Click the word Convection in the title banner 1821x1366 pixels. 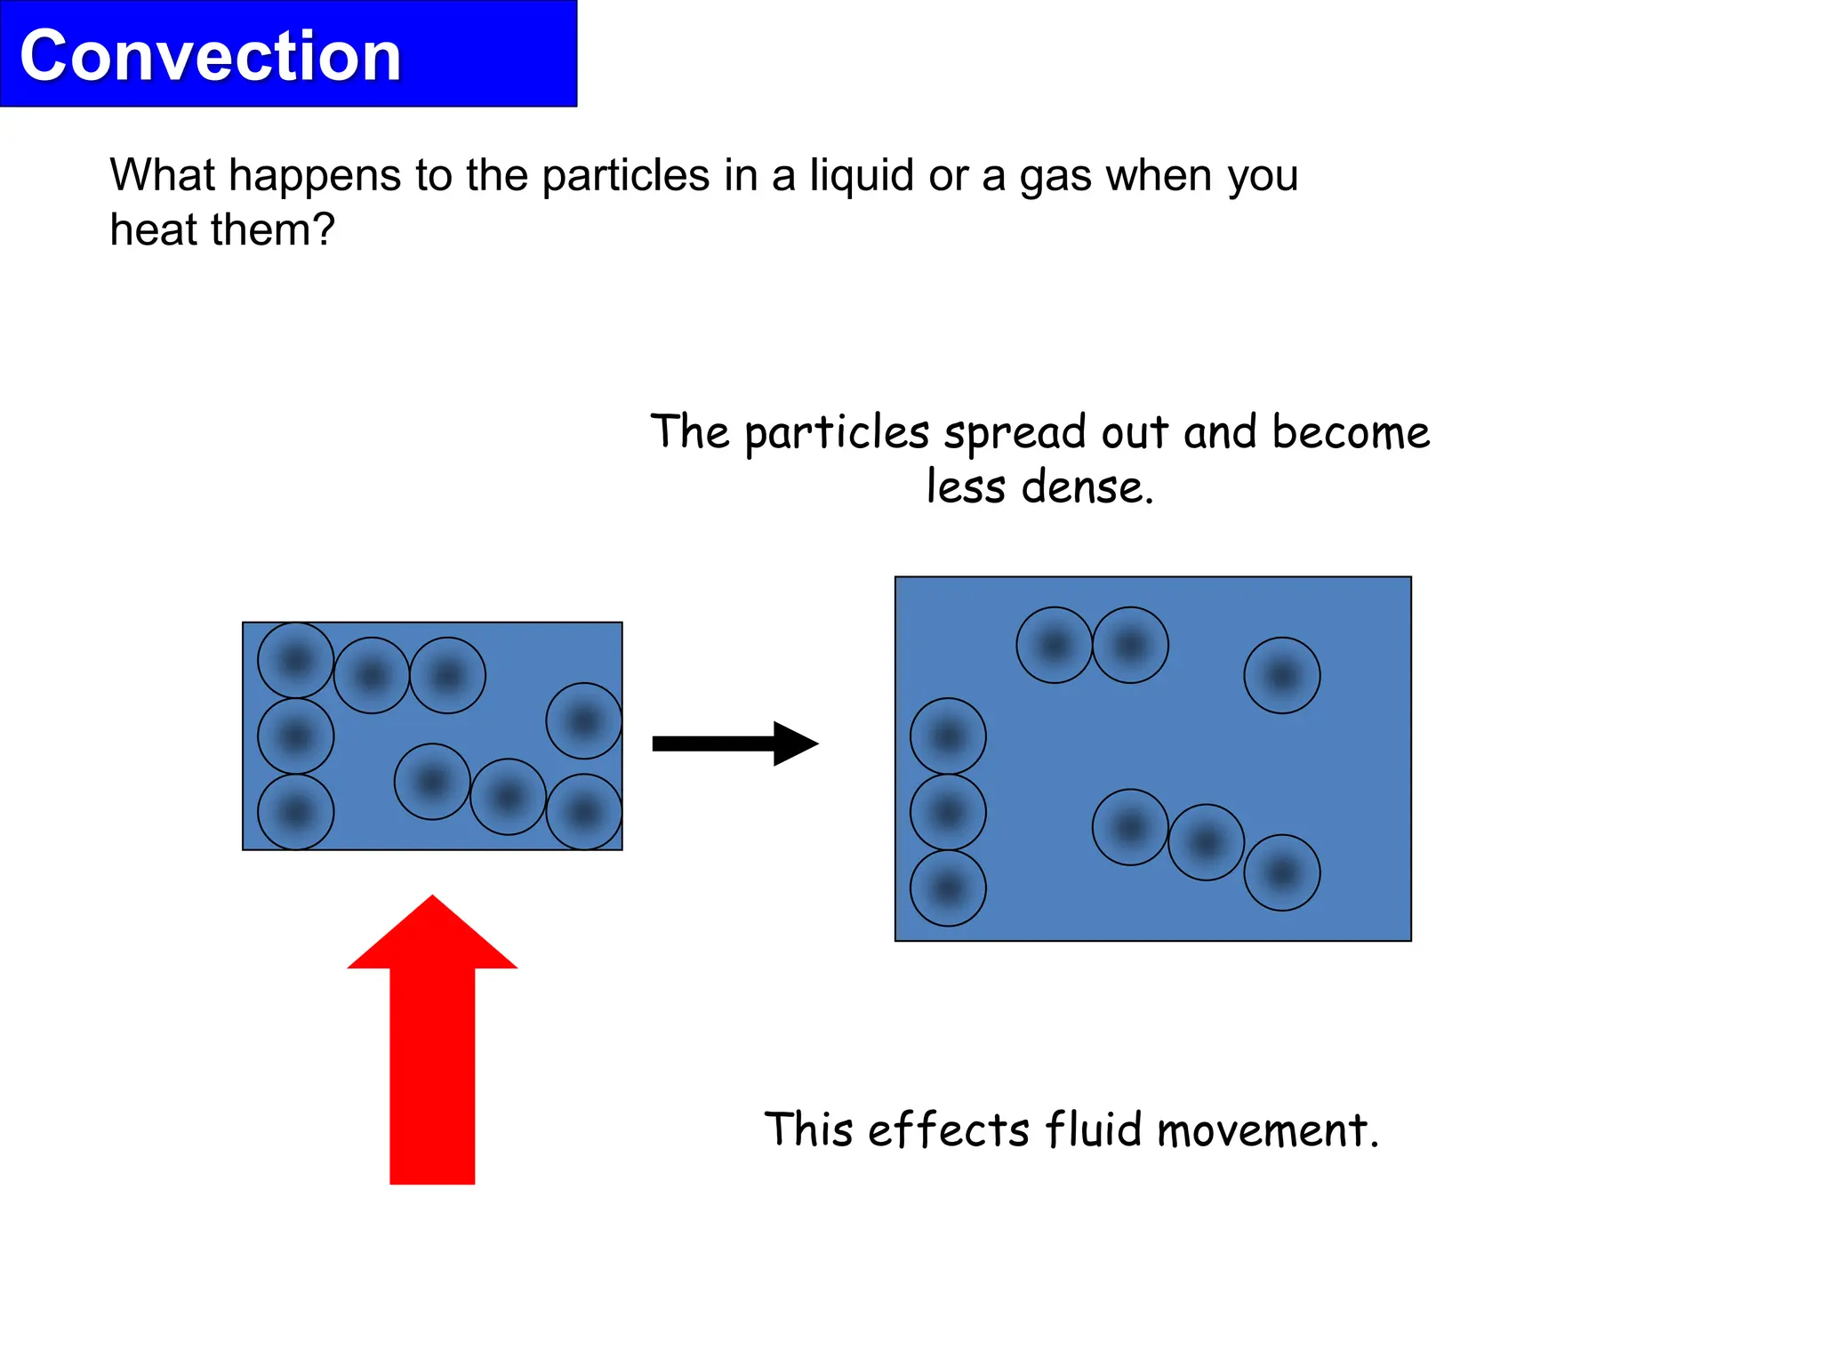pos(210,56)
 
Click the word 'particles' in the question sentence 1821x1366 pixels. pos(625,175)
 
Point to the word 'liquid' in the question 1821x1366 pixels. pos(861,175)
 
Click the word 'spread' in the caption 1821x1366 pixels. pos(1015,433)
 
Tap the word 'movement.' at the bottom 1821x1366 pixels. pos(1268,1131)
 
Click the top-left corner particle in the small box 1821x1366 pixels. pos(296,660)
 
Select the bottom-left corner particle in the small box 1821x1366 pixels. pos(296,812)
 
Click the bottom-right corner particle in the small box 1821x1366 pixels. pos(584,812)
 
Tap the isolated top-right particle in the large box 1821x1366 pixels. pos(1281,676)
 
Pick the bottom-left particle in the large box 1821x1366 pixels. pos(948,888)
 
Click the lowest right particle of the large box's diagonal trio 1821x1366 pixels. pos(1281,872)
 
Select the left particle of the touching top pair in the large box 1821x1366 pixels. pos(1054,645)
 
